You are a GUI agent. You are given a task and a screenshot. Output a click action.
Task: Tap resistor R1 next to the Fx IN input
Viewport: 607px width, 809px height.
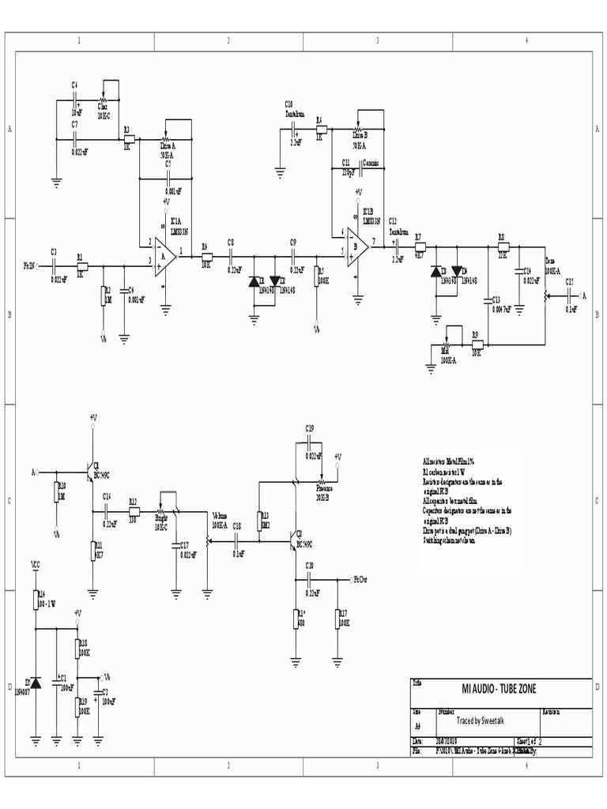(81, 265)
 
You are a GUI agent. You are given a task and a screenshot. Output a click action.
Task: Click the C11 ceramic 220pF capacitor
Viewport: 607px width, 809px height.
(358, 166)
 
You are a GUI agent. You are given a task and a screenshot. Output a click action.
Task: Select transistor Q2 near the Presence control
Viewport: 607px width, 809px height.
(294, 539)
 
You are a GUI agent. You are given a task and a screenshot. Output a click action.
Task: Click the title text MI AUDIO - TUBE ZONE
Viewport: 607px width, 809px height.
(499, 690)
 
